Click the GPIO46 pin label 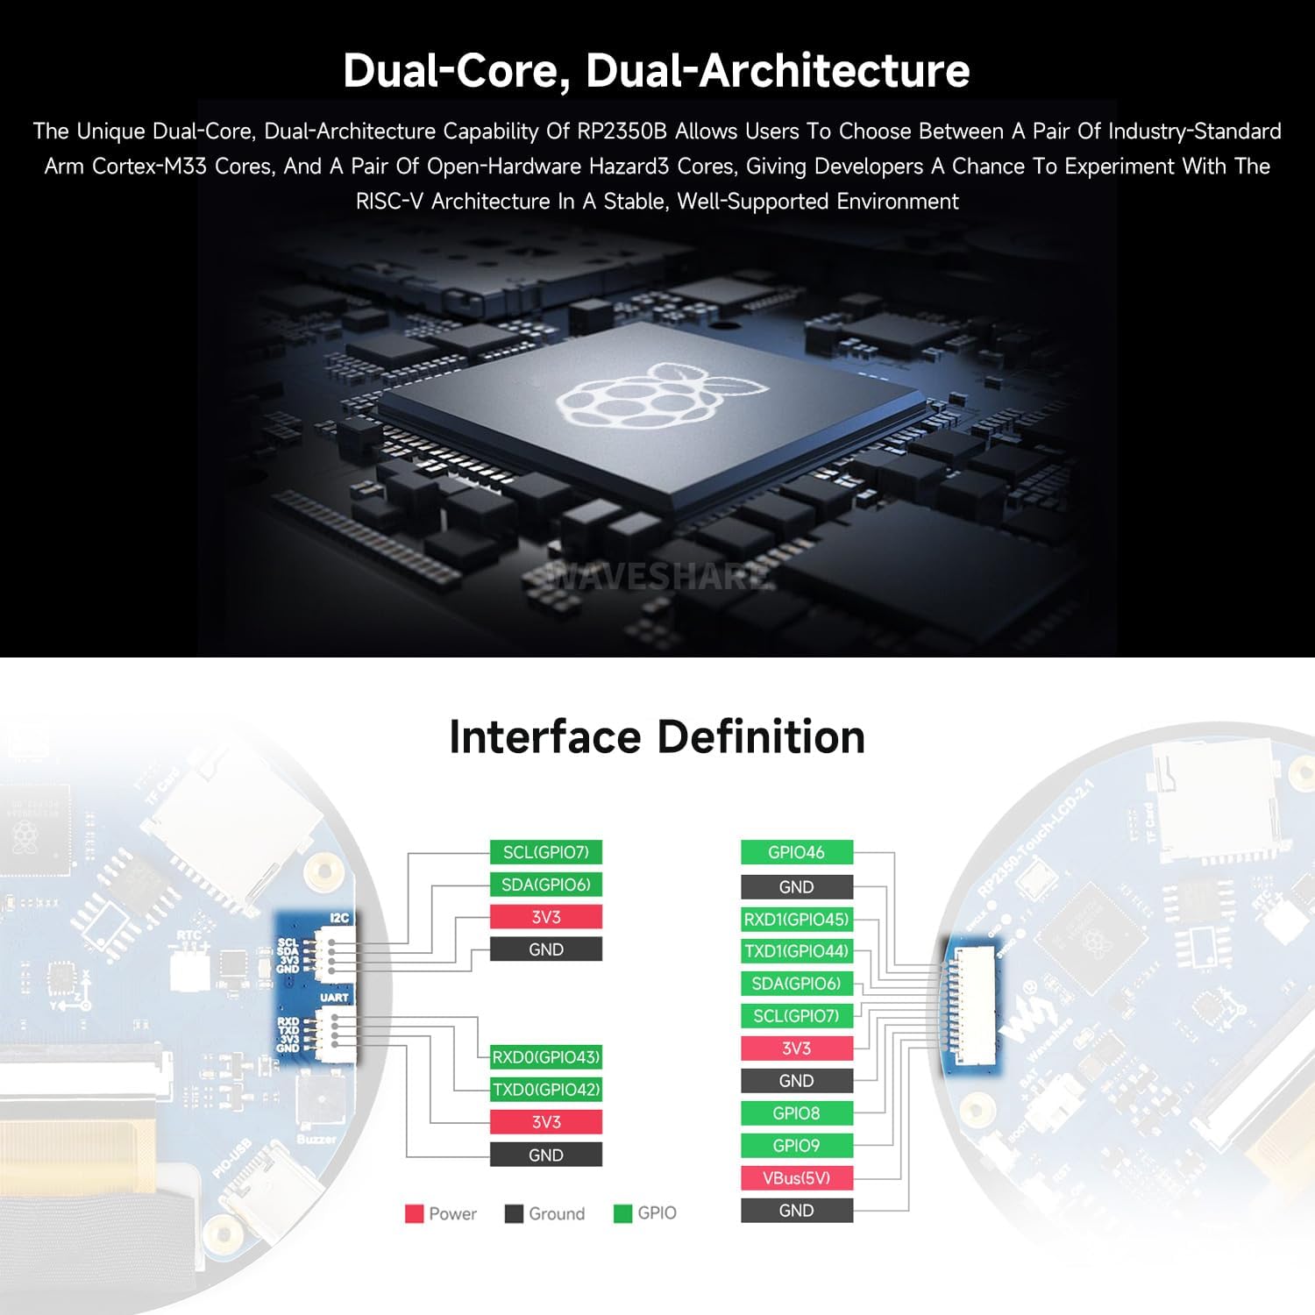(796, 852)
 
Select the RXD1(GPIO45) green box (796, 920)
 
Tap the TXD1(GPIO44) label (796, 951)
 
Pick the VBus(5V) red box (796, 1177)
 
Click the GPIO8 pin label (796, 1113)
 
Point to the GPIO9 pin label (796, 1145)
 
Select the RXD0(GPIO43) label (545, 1057)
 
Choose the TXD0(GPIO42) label (545, 1090)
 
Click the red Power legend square (414, 1214)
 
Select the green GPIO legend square (622, 1214)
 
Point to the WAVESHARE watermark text (657, 577)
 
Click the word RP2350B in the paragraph (622, 131)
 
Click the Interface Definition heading (657, 736)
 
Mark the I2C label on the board (339, 918)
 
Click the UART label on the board (334, 998)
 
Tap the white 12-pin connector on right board (970, 1005)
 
